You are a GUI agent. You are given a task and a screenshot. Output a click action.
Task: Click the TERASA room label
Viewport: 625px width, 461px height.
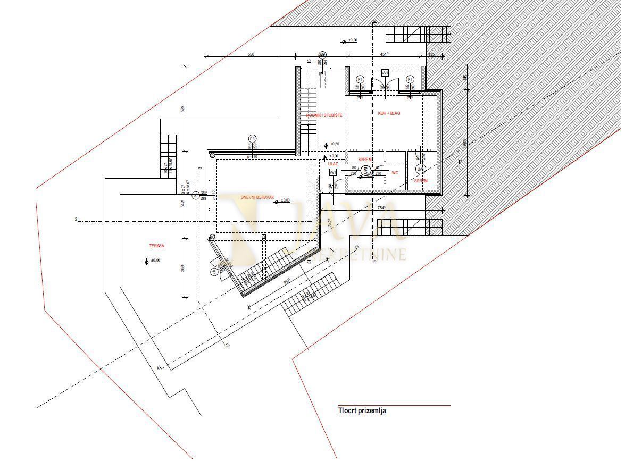pyautogui.click(x=156, y=246)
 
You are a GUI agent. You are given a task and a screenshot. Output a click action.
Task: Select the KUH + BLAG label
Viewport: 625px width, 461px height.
pyautogui.click(x=389, y=114)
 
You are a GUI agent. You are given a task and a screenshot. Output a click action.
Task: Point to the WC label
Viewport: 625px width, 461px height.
pyautogui.click(x=395, y=173)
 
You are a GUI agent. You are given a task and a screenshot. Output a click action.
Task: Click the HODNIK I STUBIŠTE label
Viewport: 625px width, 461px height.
pyautogui.click(x=324, y=115)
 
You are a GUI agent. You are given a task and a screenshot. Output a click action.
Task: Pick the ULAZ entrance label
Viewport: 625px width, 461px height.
pyautogui.click(x=333, y=164)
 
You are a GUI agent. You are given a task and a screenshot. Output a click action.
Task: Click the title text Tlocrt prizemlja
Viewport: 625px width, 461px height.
pyautogui.click(x=362, y=410)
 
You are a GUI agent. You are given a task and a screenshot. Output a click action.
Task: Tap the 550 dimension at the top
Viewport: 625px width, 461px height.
pyautogui.click(x=251, y=54)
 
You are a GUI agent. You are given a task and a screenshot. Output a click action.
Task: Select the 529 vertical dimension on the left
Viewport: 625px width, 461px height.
pyautogui.click(x=182, y=109)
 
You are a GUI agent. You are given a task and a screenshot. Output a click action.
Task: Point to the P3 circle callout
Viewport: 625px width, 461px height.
pyautogui.click(x=252, y=138)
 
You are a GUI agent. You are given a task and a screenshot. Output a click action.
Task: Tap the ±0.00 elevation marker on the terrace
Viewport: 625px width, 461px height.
pyautogui.click(x=155, y=261)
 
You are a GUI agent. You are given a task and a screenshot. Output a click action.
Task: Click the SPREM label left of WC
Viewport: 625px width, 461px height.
pyautogui.click(x=365, y=160)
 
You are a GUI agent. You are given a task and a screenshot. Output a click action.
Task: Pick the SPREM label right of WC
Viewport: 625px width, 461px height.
pyautogui.click(x=421, y=181)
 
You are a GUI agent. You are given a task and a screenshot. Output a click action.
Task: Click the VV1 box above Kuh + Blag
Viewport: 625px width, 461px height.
pyautogui.click(x=385, y=72)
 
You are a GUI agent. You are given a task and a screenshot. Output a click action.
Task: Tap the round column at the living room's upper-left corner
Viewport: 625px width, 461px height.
pyautogui.click(x=212, y=156)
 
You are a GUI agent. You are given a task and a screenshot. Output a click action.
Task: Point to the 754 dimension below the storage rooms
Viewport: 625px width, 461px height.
pyautogui.click(x=381, y=208)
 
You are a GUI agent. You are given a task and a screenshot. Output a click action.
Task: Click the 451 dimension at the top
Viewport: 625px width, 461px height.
pyautogui.click(x=384, y=54)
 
